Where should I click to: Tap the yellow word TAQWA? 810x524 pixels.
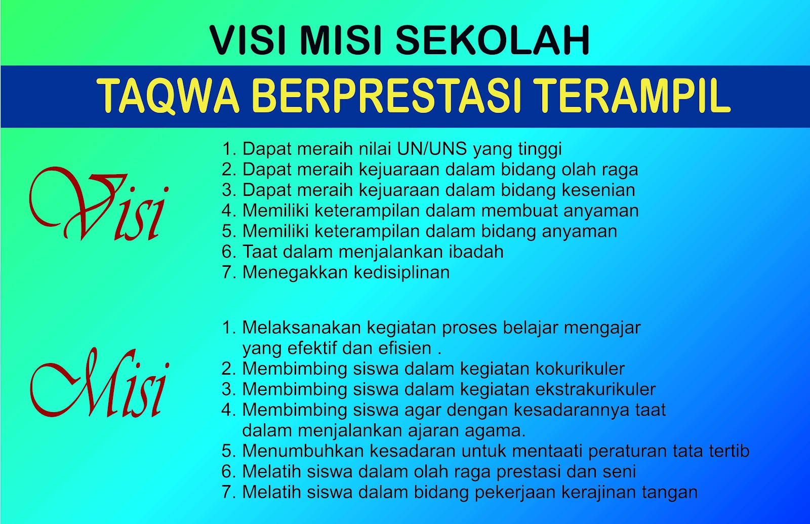click(168, 96)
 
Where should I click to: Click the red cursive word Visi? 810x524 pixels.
click(99, 205)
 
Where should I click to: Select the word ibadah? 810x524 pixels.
click(478, 252)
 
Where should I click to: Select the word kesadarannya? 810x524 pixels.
click(573, 410)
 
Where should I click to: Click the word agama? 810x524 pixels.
click(498, 430)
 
